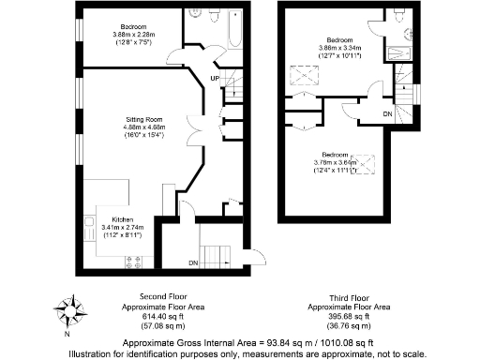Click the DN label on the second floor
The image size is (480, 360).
pyautogui.click(x=194, y=263)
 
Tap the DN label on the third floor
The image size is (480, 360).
pyautogui.click(x=386, y=113)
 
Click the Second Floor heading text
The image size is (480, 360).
pyautogui.click(x=149, y=297)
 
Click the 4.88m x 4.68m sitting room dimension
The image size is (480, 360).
pyautogui.click(x=144, y=130)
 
